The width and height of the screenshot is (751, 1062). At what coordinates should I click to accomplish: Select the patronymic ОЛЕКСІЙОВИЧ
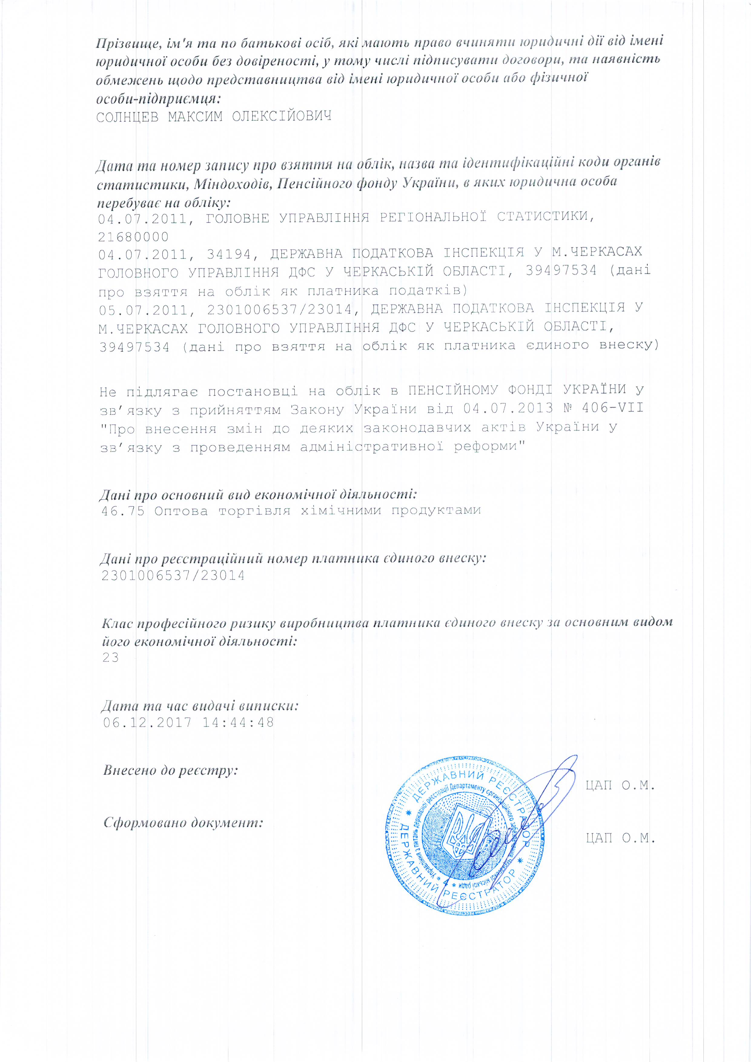(282, 116)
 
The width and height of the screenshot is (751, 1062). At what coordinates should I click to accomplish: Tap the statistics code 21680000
(133, 237)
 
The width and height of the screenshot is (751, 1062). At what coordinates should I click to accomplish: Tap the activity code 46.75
(123, 511)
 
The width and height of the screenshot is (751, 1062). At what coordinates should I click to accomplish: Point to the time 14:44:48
(238, 723)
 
